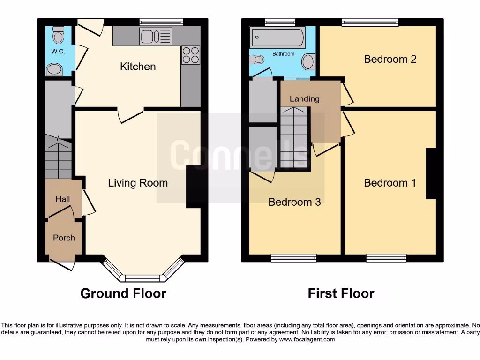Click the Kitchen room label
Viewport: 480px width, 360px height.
point(138,67)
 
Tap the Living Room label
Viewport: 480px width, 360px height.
point(138,183)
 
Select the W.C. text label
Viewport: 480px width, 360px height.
point(58,52)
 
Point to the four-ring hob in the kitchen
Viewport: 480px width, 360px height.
point(190,55)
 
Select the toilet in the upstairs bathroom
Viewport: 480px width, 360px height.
point(257,60)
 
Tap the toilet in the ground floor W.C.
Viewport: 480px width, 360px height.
point(59,35)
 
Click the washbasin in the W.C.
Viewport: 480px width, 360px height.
point(54,70)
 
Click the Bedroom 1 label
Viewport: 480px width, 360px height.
point(390,183)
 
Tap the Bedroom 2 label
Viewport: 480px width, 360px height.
point(390,59)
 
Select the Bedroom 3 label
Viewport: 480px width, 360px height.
point(294,202)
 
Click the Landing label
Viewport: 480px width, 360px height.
point(304,98)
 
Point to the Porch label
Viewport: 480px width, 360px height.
point(64,238)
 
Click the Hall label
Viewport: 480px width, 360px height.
point(63,199)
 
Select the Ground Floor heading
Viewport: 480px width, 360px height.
point(123,293)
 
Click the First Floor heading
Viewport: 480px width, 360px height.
point(341,293)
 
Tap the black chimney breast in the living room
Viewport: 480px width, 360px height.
point(193,187)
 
